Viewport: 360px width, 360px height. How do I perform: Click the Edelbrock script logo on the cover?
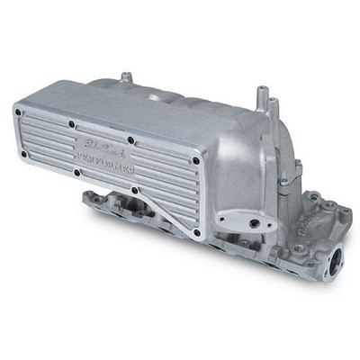tap(98, 147)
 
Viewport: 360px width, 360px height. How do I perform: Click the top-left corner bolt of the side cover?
tap(18, 111)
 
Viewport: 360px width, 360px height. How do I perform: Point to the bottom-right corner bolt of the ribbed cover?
tap(196, 232)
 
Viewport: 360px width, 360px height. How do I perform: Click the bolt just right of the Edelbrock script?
tap(131, 140)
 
